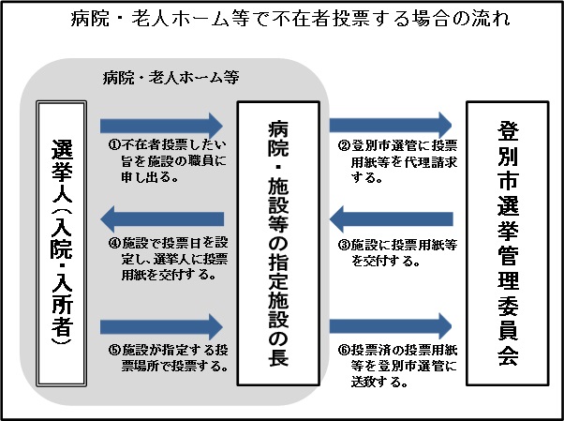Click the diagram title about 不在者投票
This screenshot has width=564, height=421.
point(282,21)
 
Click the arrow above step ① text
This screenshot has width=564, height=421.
point(162,125)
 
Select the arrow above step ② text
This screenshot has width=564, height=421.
point(391,124)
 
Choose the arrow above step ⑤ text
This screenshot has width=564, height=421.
point(162,325)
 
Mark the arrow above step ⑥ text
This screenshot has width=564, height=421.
point(391,325)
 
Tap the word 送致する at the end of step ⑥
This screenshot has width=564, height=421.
point(366,383)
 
